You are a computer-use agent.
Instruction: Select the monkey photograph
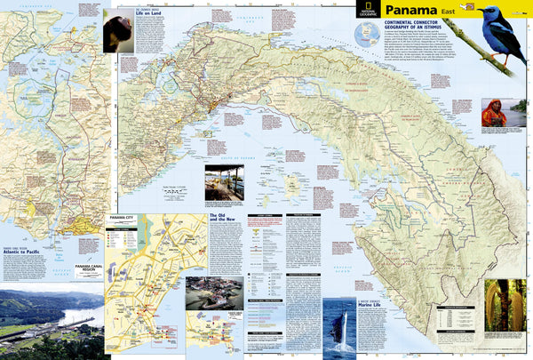tap(116, 33)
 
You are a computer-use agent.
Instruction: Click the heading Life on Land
tap(147, 15)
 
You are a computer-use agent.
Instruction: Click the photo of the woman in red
tap(494, 113)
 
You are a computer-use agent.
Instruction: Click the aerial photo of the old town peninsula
tap(214, 294)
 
